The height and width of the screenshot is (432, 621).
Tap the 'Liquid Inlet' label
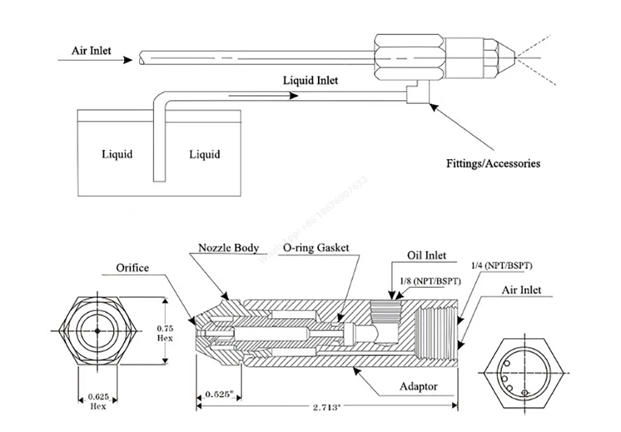tap(310, 80)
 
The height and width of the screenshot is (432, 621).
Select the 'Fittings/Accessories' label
tap(493, 163)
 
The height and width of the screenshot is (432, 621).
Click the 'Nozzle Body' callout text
tap(228, 248)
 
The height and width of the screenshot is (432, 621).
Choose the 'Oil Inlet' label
tap(427, 255)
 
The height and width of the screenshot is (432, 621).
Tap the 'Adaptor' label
tap(419, 387)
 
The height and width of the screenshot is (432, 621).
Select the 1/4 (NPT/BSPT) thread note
tap(502, 266)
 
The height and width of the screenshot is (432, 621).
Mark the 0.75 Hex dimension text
tap(165, 333)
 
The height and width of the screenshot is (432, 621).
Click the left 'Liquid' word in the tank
tap(117, 154)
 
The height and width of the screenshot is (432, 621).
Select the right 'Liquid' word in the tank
tap(204, 154)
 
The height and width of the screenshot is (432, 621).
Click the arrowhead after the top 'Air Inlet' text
tap(127, 60)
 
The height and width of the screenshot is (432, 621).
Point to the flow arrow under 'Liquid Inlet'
tap(261, 96)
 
